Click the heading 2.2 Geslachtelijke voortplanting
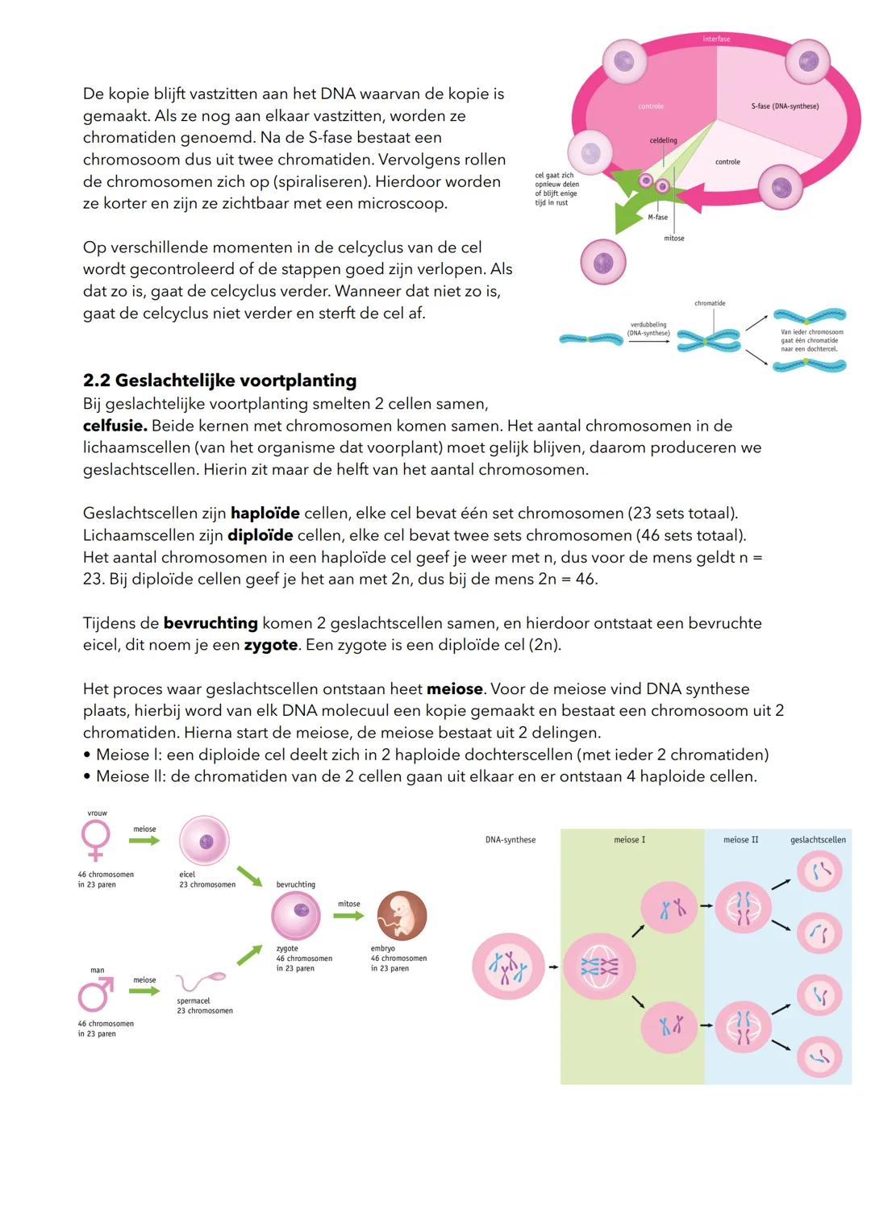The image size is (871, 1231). click(x=219, y=381)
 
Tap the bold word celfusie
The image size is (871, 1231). click(x=115, y=426)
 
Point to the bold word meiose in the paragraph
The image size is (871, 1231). click(x=454, y=689)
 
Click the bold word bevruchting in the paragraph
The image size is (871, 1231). click(x=210, y=623)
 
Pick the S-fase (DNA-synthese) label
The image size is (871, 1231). click(x=784, y=106)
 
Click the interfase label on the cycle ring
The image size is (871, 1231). click(x=716, y=39)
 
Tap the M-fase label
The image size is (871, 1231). click(x=657, y=218)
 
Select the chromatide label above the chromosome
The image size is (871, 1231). click(x=710, y=303)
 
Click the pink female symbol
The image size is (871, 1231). click(x=96, y=841)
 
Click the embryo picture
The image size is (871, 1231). click(x=402, y=916)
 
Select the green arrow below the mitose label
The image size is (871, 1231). click(x=348, y=917)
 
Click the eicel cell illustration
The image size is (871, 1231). click(x=204, y=841)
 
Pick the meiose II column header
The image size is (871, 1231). click(x=740, y=840)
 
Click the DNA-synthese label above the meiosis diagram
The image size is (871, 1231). click(x=510, y=840)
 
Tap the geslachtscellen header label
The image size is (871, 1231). click(x=818, y=840)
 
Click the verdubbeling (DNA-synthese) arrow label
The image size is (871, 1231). click(x=648, y=329)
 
